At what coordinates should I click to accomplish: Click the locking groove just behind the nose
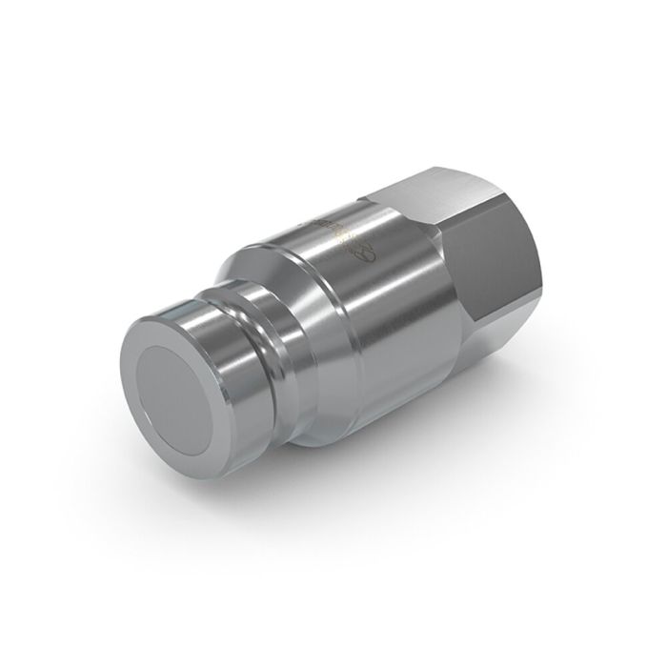[253, 324]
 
